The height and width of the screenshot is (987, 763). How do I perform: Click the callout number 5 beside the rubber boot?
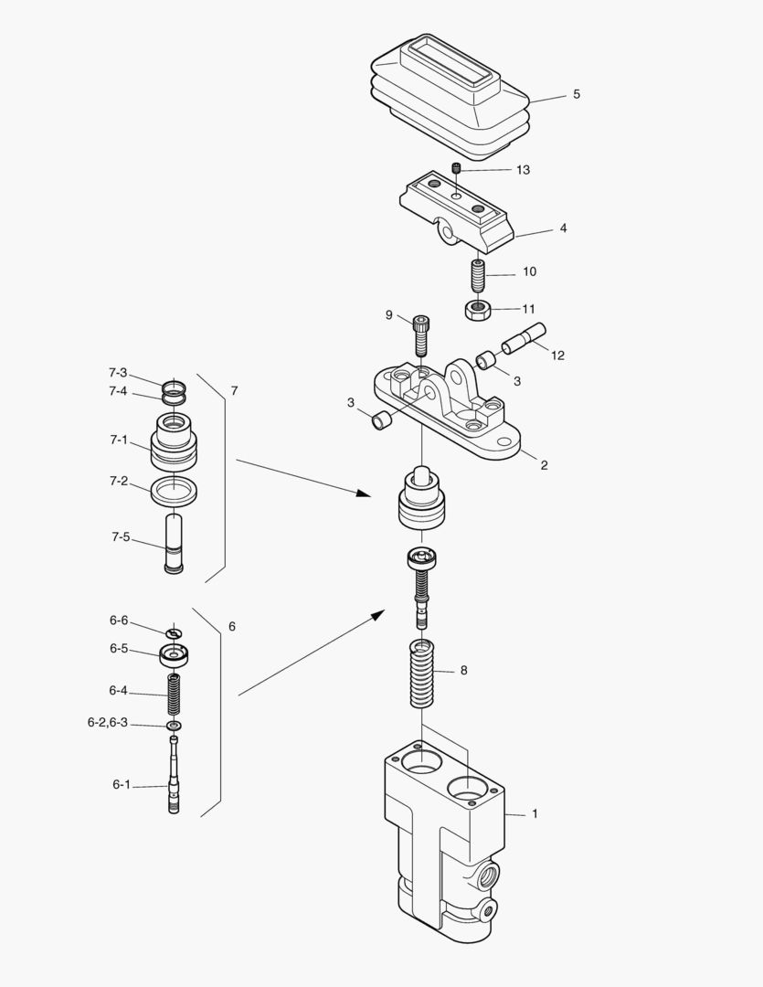point(576,94)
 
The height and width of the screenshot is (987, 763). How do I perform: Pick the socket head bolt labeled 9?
point(420,334)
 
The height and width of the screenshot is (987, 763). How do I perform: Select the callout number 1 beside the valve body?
point(535,813)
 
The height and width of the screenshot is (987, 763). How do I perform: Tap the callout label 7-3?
point(118,373)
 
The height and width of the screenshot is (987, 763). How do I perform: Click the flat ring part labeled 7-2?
point(173,491)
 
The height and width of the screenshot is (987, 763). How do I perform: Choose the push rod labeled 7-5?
point(173,544)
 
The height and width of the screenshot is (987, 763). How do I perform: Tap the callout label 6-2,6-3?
point(107,723)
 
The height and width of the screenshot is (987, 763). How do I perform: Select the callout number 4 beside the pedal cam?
point(563,228)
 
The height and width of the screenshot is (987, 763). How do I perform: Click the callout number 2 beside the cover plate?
point(544,465)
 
